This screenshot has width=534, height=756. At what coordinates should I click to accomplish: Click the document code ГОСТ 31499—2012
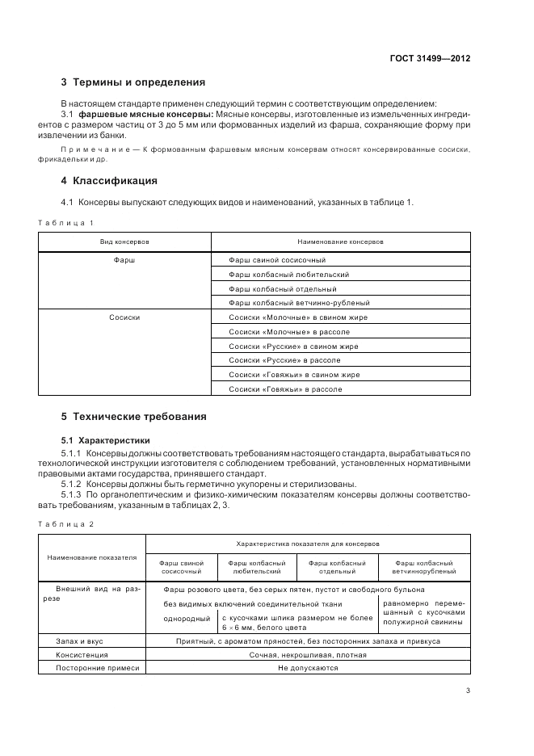431,59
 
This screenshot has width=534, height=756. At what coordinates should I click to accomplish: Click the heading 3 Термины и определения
133,82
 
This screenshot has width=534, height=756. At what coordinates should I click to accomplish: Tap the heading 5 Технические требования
133,417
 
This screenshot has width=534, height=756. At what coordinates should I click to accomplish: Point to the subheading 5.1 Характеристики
106,441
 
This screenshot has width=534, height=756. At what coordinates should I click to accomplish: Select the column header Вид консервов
124,241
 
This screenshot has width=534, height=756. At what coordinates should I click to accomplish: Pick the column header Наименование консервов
340,241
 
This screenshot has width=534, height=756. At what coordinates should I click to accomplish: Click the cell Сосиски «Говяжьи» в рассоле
285,389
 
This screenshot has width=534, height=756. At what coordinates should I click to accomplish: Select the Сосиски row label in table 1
124,317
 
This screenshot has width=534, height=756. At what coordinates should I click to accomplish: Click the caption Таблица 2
67,524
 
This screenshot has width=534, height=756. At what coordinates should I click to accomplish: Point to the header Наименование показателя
92,557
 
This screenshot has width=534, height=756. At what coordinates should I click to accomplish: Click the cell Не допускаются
308,668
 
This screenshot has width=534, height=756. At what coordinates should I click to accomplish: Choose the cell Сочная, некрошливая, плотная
308,654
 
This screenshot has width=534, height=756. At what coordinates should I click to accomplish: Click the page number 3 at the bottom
469,691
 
